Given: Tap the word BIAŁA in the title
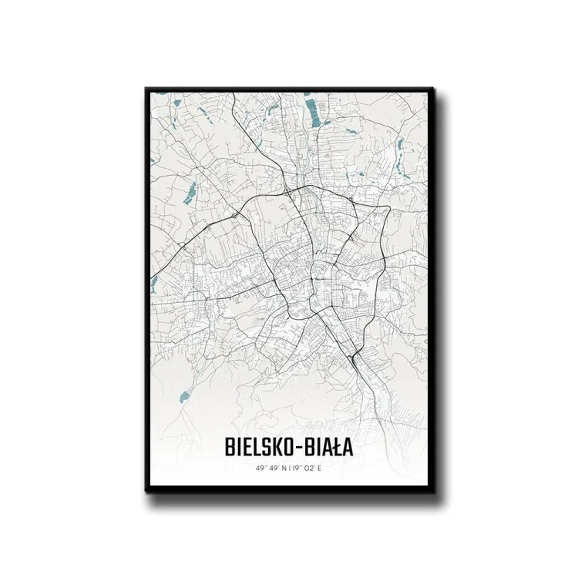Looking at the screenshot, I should (327, 447).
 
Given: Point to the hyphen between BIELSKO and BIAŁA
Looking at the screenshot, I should (299, 448).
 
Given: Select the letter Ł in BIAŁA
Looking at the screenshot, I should (336, 447).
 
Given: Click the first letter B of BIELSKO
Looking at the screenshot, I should (230, 447).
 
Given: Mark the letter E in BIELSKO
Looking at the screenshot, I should (246, 447).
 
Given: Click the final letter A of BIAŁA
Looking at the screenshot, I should (348, 447).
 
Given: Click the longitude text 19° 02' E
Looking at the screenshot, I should (308, 468).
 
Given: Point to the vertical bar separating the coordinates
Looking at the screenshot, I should (289, 468).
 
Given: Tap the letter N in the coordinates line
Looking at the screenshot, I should (282, 468).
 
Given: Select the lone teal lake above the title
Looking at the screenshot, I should (184, 397).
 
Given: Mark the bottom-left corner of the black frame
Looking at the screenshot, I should (146, 491).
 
